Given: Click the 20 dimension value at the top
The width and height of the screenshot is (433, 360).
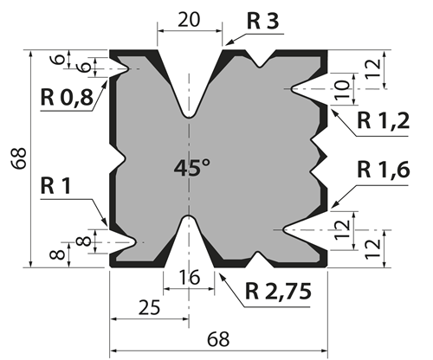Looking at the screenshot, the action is (189, 20).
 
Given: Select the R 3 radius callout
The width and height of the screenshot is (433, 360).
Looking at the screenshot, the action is (262, 22).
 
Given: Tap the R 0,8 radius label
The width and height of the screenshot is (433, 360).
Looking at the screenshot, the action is (67, 98).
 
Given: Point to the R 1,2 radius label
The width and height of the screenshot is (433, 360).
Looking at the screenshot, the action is (383, 120).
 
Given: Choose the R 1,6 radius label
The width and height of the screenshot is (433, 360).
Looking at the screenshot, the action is (384, 170).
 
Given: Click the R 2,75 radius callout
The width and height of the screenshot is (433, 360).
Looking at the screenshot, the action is (278, 292).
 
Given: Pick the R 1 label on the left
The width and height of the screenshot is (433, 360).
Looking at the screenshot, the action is (55, 186).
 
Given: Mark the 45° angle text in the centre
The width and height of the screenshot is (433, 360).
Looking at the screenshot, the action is (192, 168).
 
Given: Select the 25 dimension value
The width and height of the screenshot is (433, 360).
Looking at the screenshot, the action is (149, 307).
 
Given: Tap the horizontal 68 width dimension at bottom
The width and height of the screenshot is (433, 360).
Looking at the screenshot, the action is (218, 339).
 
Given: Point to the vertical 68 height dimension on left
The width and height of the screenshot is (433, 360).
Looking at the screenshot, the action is (19, 158).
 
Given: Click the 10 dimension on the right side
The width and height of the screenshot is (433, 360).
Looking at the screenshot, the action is (343, 89).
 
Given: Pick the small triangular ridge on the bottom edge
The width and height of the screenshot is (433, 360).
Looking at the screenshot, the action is (259, 259).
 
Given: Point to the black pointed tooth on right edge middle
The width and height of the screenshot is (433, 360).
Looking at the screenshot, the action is (323, 157).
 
